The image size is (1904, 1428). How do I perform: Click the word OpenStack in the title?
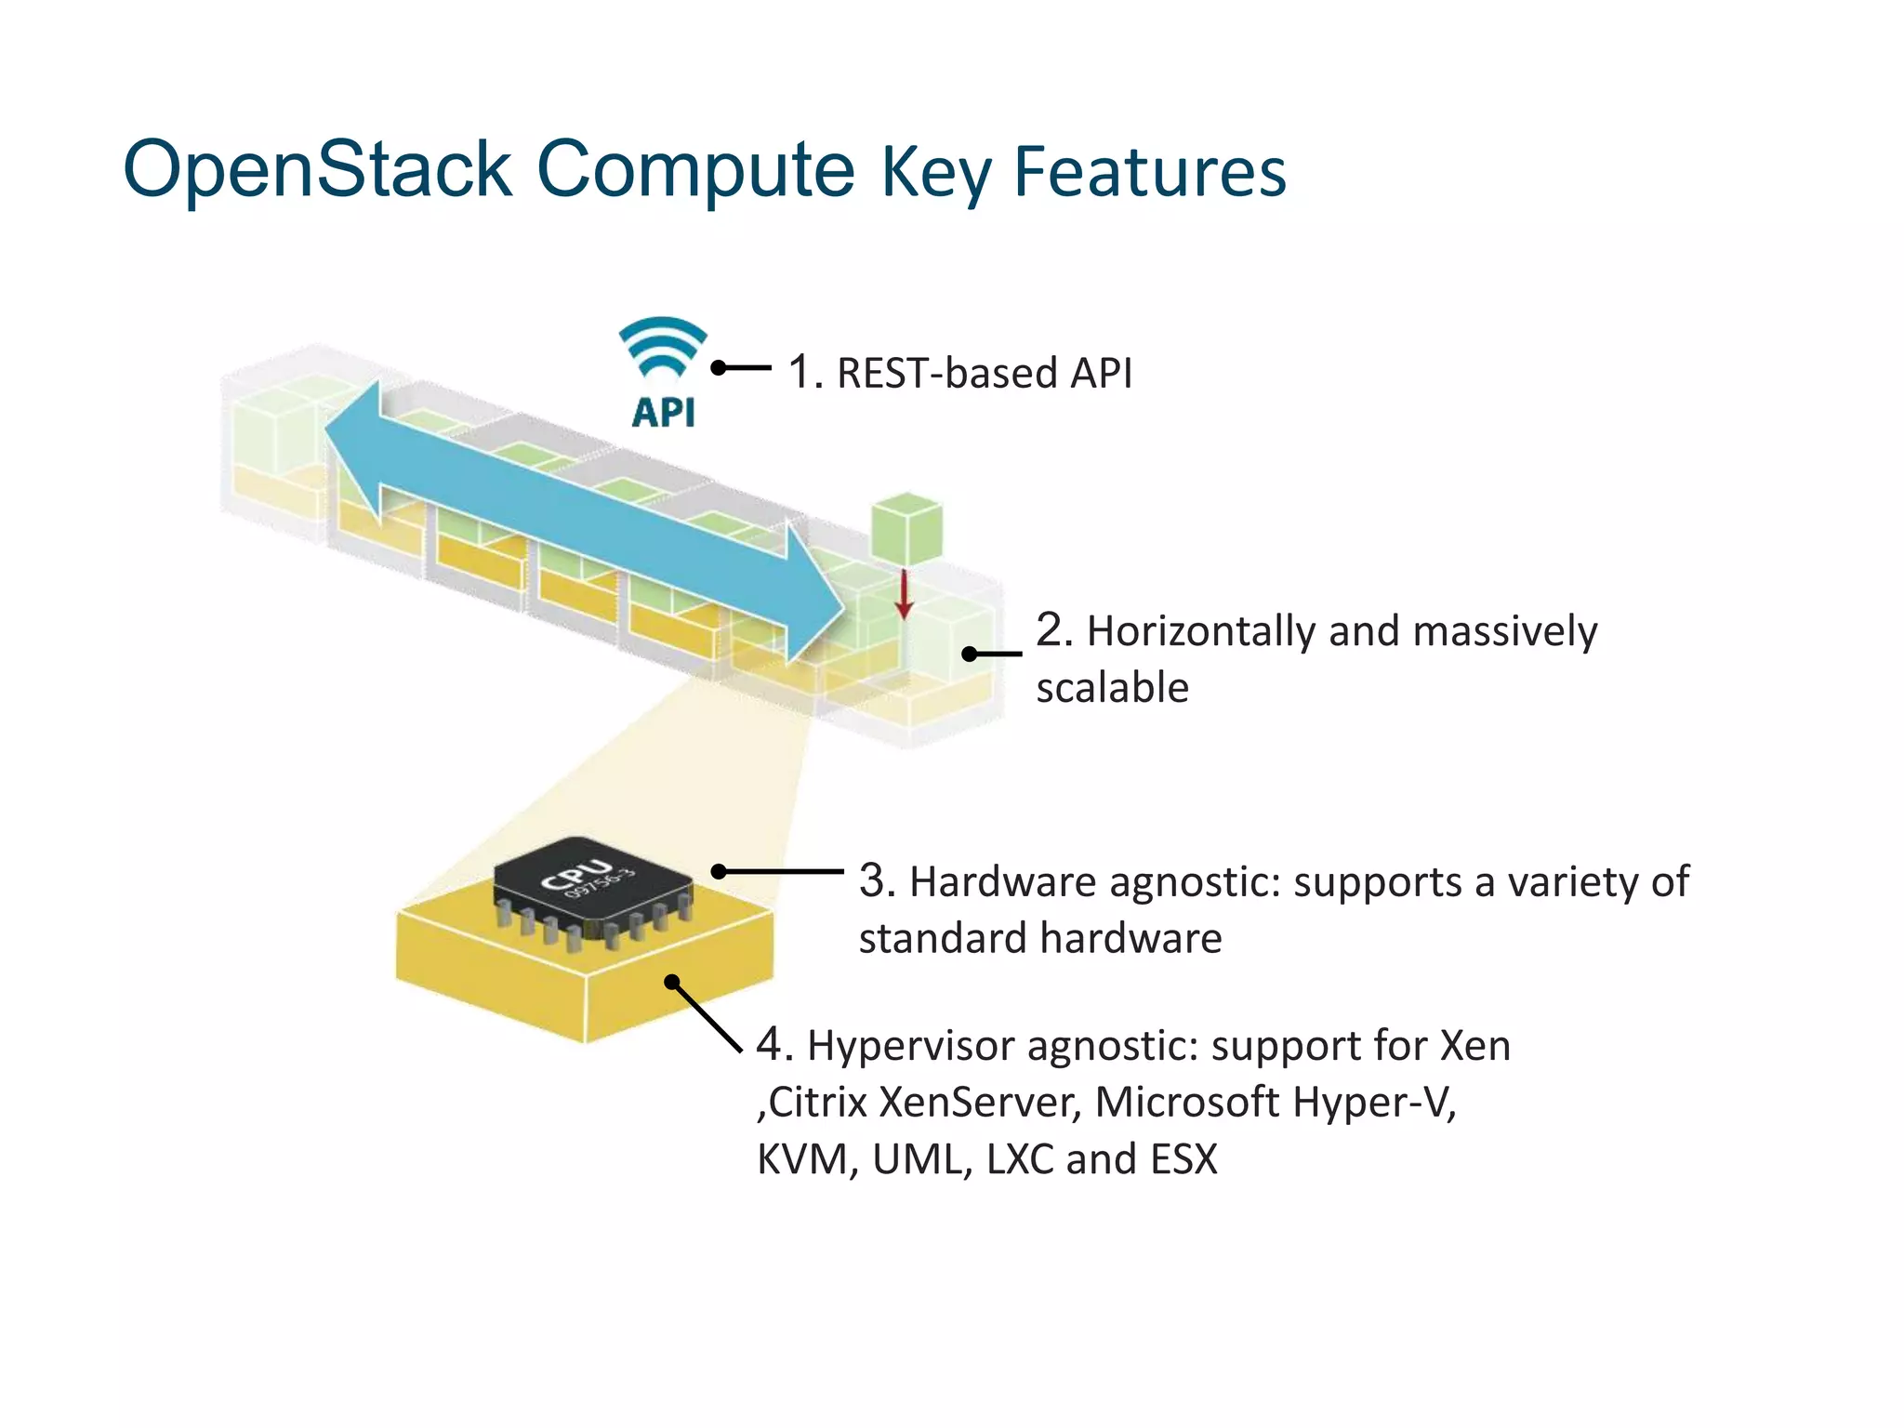[318, 170]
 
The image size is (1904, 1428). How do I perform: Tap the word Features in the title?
[1150, 172]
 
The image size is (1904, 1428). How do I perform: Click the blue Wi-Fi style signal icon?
[663, 346]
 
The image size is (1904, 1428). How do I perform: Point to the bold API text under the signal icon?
[663, 412]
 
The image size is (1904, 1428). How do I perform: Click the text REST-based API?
[985, 373]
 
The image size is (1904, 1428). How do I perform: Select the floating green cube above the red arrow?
[906, 529]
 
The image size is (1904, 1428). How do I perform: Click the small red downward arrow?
[904, 595]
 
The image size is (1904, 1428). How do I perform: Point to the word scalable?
[1112, 688]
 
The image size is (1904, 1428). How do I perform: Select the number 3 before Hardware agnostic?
[876, 880]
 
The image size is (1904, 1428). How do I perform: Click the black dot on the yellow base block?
[672, 982]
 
